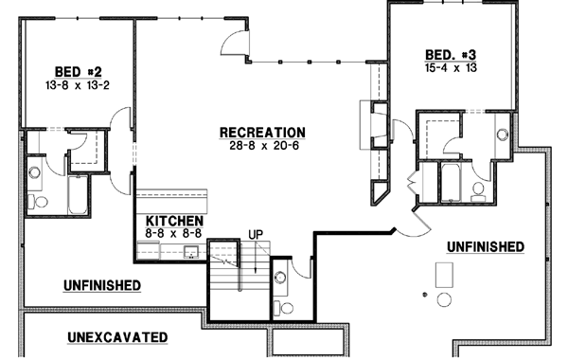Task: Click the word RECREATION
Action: pyautogui.click(x=261, y=132)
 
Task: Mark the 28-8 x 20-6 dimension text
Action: pyautogui.click(x=261, y=146)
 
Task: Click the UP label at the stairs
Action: pyautogui.click(x=256, y=234)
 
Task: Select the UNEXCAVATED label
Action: pyautogui.click(x=118, y=336)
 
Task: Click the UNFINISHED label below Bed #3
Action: pyautogui.click(x=485, y=247)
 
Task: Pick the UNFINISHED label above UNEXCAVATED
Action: pyautogui.click(x=102, y=284)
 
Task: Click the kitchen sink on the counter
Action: pyautogui.click(x=189, y=251)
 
